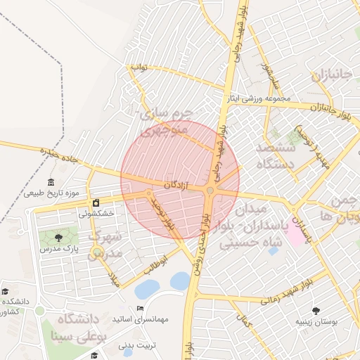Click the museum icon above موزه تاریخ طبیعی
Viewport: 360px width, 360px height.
(x=51, y=182)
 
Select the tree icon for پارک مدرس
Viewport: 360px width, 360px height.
(x=58, y=238)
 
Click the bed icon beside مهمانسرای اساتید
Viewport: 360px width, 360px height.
(x=140, y=309)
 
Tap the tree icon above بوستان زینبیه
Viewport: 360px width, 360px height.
(x=315, y=310)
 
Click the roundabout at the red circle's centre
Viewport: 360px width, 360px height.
(x=210, y=190)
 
